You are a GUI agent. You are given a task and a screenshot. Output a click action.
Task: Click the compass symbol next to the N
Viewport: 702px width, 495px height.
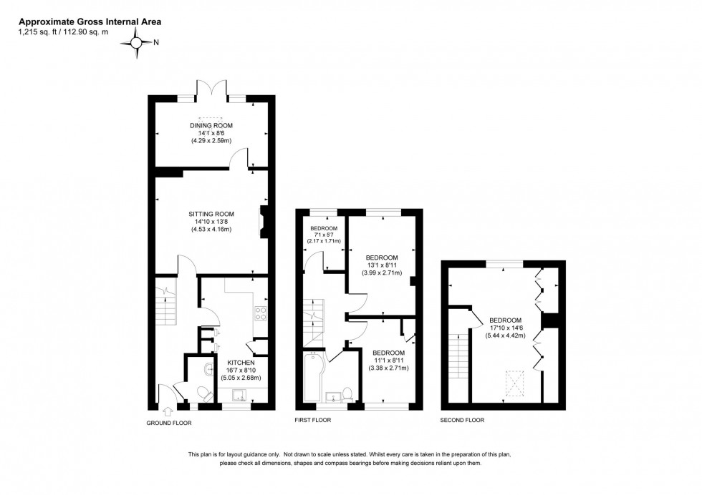[x=136, y=43]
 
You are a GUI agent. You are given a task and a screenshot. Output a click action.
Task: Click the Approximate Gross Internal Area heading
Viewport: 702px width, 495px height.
[x=90, y=21]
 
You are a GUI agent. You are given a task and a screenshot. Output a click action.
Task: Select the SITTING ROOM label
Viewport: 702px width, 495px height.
[x=211, y=213]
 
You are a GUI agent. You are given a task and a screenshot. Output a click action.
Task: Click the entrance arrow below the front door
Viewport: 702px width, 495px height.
[x=168, y=411]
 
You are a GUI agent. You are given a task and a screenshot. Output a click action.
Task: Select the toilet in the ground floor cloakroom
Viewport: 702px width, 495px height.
[x=203, y=392]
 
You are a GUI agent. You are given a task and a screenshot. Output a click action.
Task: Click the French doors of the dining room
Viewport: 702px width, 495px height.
[x=213, y=92]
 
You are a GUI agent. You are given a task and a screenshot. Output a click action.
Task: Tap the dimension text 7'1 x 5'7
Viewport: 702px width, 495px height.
[x=323, y=236]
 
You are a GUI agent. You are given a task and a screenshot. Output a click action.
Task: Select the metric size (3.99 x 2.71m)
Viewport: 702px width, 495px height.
[x=381, y=273]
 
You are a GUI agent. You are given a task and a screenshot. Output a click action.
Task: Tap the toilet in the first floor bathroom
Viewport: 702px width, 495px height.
[x=347, y=393]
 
